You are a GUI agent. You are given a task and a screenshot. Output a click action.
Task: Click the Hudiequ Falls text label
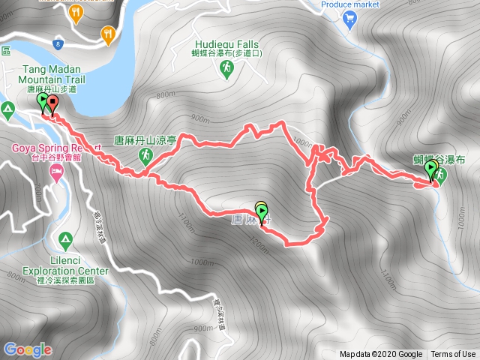226,44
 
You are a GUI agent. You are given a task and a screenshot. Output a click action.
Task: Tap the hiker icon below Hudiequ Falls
226,69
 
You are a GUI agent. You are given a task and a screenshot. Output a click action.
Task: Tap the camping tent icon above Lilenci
65,241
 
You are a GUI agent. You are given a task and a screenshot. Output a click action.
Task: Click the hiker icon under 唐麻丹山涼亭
147,155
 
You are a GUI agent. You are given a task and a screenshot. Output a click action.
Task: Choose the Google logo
28,349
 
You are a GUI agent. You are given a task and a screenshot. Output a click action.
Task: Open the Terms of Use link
453,355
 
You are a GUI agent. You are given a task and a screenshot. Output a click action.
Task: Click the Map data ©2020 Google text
381,355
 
